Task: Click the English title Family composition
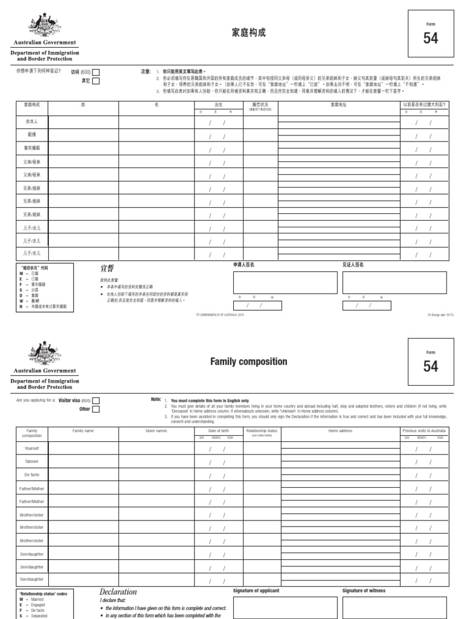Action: [240, 361]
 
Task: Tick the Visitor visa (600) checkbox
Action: [96, 400]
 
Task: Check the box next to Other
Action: [96, 409]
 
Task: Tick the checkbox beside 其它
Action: [96, 81]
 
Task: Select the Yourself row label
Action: [31, 449]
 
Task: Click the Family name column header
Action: [83, 430]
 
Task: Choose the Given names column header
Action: [156, 430]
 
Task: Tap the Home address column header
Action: [340, 430]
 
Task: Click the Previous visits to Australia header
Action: [424, 430]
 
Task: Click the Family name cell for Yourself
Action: [83, 449]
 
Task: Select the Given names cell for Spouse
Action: [156, 462]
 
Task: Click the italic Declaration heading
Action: [118, 592]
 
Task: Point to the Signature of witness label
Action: [364, 591]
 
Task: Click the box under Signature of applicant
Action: [285, 608]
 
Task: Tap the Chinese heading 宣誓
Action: [107, 268]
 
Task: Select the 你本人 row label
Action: [31, 122]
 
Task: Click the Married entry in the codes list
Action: [37, 599]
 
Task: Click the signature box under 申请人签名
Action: [285, 282]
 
